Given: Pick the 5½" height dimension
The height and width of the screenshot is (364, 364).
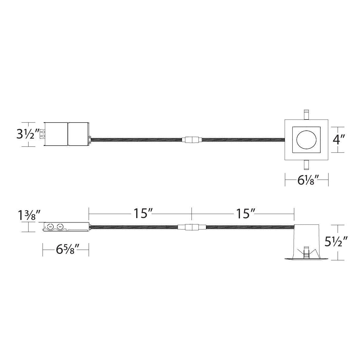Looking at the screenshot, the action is [336, 242].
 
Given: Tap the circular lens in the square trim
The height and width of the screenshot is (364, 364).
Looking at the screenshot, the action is [306, 140].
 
